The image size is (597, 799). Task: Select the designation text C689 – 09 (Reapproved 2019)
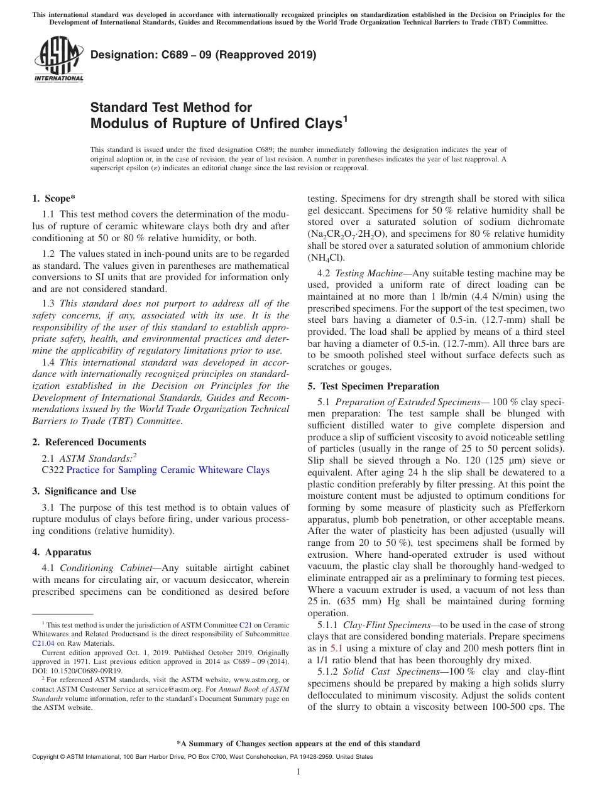[x=203, y=55]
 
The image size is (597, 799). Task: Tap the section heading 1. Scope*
[x=54, y=198]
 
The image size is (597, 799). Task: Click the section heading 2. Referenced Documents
[x=89, y=442]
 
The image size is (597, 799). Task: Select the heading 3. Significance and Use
[x=84, y=491]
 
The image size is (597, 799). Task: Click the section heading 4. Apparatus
[x=62, y=552]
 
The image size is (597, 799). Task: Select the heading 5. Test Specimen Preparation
[x=374, y=386]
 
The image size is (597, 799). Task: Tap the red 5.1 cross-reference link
[x=336, y=648]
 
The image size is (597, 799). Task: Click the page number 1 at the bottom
[x=298, y=772]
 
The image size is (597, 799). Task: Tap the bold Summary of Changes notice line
[x=298, y=744]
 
